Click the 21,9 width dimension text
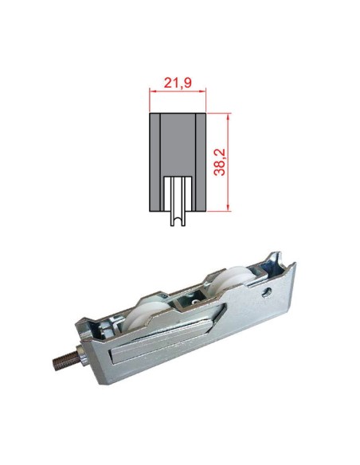(x=178, y=82)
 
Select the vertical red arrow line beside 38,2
(x=229, y=162)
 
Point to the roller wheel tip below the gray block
(x=177, y=221)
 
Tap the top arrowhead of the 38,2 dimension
(x=229, y=115)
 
